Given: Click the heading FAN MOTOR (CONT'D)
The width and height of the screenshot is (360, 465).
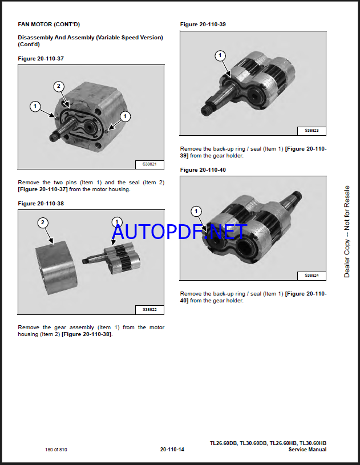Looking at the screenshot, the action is tap(49, 25).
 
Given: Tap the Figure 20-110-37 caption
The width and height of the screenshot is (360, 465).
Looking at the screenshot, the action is tap(41, 58).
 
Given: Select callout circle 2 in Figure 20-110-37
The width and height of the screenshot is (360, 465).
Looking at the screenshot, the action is tap(58, 86).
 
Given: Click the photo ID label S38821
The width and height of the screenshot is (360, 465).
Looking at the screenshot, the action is tap(149, 164).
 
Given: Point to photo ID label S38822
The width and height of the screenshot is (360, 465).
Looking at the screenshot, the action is tap(149, 310).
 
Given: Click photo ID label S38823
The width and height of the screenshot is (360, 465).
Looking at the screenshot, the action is tap(312, 131).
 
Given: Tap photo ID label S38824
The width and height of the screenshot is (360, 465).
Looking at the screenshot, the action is tap(312, 276).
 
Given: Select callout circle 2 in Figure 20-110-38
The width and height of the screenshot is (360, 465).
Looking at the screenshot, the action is tap(43, 223).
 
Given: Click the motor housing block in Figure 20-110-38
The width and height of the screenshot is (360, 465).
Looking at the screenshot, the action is tap(57, 268).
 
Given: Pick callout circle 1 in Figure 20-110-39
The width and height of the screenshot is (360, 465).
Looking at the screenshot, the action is tap(220, 55).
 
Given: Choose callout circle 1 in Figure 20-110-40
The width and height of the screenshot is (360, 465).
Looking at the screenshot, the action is tap(196, 211).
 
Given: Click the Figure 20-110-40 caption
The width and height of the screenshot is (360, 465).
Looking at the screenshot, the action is tap(203, 170).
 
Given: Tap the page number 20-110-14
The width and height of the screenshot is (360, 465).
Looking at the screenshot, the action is tap(172, 450).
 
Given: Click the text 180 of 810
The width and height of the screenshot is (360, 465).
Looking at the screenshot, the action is tap(56, 450).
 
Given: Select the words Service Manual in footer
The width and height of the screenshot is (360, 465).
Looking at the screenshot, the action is tap(308, 450).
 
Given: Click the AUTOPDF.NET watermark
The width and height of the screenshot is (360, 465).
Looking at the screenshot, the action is tap(180, 232).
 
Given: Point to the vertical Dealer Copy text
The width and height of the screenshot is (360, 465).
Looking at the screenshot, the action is tap(347, 232).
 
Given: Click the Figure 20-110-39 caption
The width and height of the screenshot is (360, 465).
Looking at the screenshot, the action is tap(203, 25).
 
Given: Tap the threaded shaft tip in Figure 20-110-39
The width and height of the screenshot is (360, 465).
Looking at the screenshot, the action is tap(205, 111).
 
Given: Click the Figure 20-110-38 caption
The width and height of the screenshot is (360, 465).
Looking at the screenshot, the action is tap(41, 204).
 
